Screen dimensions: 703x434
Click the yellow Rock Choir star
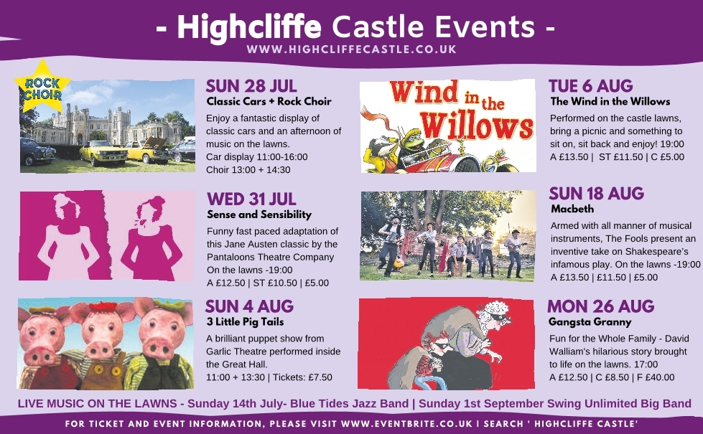pyautogui.click(x=42, y=88)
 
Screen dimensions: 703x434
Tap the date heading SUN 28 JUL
pyautogui.click(x=251, y=86)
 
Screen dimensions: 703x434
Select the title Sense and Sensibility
pyautogui.click(x=259, y=214)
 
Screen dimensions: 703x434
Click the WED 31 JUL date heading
pyautogui.click(x=251, y=199)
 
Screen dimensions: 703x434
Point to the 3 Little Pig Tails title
pyautogui.click(x=245, y=321)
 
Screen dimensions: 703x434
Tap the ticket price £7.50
pyautogui.click(x=320, y=377)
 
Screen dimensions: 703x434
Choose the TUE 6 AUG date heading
pyautogui.click(x=590, y=86)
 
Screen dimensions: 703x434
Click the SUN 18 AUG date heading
pyautogui.click(x=596, y=194)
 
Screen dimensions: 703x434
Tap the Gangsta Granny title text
pyautogui.click(x=590, y=322)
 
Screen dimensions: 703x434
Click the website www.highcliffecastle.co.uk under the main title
pyautogui.click(x=351, y=49)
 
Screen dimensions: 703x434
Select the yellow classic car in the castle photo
pyautogui.click(x=103, y=151)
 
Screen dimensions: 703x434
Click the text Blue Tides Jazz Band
pyautogui.click(x=349, y=404)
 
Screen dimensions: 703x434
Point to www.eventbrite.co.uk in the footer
pyautogui.click(x=406, y=424)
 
